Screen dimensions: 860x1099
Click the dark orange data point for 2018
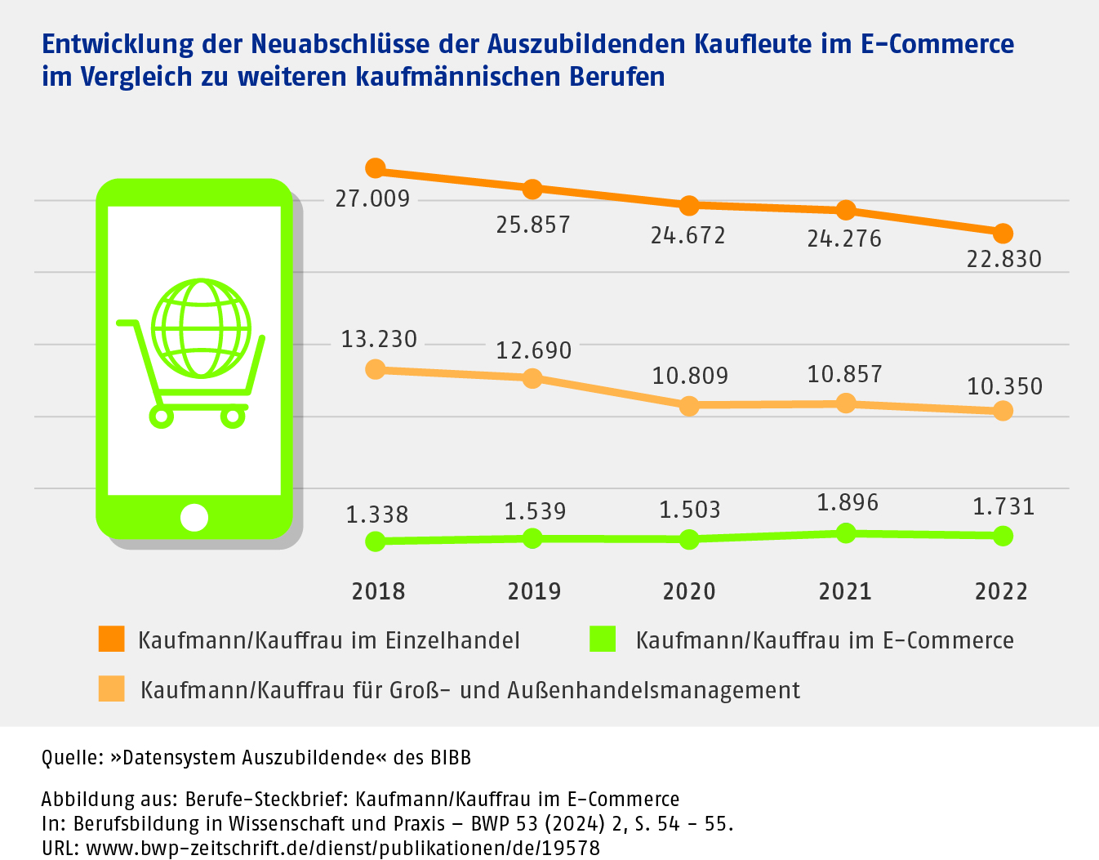(x=376, y=168)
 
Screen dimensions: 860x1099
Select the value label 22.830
(x=1003, y=260)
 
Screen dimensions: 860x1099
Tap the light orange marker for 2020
(x=689, y=406)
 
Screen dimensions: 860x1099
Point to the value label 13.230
(x=379, y=339)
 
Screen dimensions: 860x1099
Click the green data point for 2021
(x=847, y=533)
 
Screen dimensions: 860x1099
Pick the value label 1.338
(x=377, y=515)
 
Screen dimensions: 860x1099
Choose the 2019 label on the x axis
(x=534, y=591)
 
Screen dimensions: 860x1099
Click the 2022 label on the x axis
(x=1001, y=591)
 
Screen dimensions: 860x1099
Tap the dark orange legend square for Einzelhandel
(x=112, y=639)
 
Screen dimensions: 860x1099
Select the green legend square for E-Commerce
(x=603, y=639)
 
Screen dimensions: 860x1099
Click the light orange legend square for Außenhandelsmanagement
(x=112, y=689)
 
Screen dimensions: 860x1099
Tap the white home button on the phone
(x=194, y=517)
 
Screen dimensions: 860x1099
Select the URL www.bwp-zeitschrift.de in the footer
(x=343, y=849)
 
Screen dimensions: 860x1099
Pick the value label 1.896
(x=848, y=502)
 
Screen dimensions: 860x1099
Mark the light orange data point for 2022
(x=1003, y=411)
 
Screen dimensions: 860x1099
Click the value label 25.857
(x=533, y=225)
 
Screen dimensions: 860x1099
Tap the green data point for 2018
(x=376, y=541)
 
